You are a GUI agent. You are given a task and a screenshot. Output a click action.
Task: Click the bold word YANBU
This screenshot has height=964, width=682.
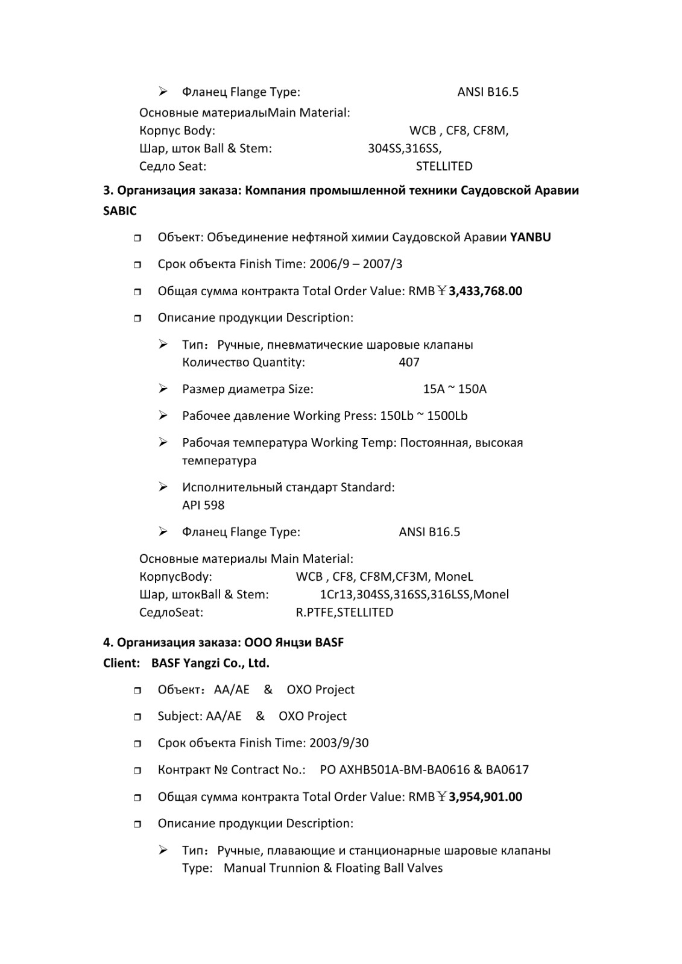tap(530, 237)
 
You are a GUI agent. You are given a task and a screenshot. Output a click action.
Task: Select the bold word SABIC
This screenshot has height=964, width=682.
tap(120, 211)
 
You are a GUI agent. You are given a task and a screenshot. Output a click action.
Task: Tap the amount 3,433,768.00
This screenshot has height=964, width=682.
tap(485, 291)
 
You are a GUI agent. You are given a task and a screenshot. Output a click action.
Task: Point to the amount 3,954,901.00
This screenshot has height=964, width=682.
tap(485, 797)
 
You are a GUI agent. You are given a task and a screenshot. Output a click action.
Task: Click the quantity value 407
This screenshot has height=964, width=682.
tap(409, 362)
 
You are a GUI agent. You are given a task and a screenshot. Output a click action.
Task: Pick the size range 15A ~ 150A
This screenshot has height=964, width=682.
tap(455, 389)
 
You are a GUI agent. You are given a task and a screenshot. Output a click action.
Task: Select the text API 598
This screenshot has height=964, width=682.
tap(203, 505)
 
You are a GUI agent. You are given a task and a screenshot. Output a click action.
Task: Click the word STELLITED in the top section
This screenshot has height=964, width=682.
tap(444, 166)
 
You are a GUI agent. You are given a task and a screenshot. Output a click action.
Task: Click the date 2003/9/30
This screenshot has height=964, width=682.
tap(338, 742)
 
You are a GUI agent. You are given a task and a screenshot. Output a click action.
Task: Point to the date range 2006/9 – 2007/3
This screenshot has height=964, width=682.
tap(356, 263)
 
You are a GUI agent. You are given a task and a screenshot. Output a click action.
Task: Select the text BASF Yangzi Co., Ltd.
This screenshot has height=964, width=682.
tap(210, 663)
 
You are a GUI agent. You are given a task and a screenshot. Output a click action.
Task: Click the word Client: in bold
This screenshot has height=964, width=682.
tap(121, 663)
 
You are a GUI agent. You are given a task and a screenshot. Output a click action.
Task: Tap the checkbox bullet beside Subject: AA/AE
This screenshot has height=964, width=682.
tap(137, 716)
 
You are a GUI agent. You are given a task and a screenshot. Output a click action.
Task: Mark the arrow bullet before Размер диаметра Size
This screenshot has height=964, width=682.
tap(163, 389)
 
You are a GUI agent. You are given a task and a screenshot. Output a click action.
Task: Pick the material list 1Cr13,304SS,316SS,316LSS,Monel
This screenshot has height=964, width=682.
tap(414, 594)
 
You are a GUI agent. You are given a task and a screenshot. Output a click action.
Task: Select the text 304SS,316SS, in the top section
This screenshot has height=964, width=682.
tap(405, 148)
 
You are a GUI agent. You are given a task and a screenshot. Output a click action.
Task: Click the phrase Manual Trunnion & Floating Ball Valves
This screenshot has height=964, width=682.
tap(333, 868)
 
